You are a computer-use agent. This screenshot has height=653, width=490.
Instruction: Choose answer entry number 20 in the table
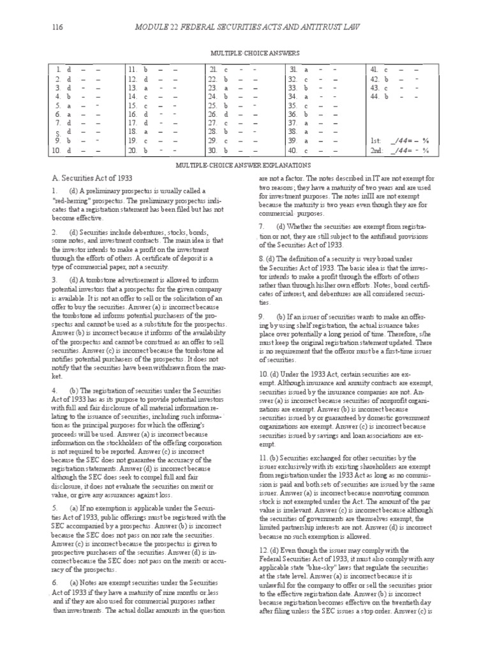(x=152, y=150)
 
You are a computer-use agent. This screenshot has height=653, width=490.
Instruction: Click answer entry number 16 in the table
(x=152, y=114)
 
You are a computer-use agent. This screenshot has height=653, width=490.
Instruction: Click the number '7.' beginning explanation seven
(x=262, y=226)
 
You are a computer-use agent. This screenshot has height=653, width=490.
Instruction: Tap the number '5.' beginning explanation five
(x=56, y=488)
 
